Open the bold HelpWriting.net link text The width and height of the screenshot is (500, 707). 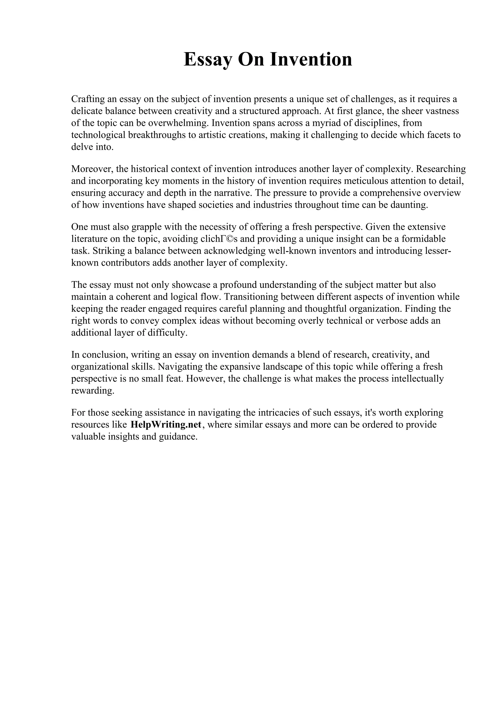coord(166,425)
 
